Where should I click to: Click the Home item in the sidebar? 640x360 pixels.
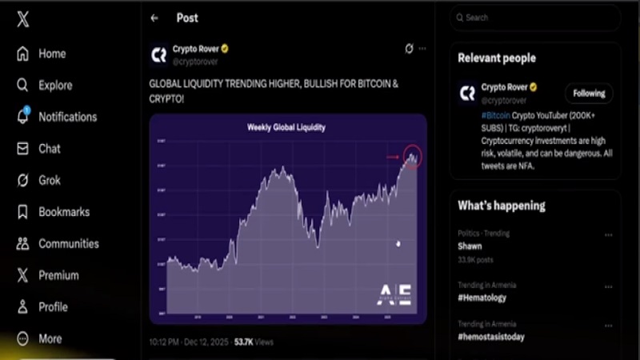(x=51, y=54)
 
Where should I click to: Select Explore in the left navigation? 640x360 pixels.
(x=54, y=86)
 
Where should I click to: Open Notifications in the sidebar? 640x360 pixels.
(x=67, y=117)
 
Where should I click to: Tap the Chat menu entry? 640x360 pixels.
(x=49, y=149)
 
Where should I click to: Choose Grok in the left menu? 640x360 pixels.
(x=50, y=181)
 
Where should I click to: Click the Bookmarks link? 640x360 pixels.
(x=63, y=212)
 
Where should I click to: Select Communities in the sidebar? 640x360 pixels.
(x=68, y=244)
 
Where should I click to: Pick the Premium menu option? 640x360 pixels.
(x=58, y=275)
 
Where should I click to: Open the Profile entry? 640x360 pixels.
(x=53, y=307)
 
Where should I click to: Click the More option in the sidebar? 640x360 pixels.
(x=50, y=339)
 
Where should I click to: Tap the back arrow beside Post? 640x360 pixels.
(x=154, y=18)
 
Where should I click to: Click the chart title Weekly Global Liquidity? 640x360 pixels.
(x=286, y=127)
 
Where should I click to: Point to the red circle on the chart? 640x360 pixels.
(x=412, y=156)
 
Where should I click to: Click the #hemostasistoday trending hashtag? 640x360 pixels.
(x=490, y=336)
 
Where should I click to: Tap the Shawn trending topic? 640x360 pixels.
(x=470, y=246)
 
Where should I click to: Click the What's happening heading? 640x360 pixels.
(x=501, y=206)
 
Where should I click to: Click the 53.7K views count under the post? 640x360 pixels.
(x=253, y=342)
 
